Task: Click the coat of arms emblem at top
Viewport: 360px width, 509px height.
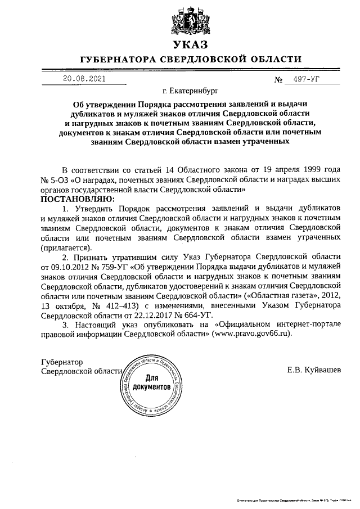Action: [191, 18]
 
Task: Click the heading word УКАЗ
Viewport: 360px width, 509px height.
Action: [191, 43]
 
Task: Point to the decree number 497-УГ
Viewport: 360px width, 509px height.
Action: [302, 79]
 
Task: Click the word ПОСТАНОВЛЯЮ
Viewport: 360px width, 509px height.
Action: [77, 199]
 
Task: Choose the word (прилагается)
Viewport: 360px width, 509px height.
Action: [67, 247]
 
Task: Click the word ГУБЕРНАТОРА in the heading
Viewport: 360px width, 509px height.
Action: [120, 59]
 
